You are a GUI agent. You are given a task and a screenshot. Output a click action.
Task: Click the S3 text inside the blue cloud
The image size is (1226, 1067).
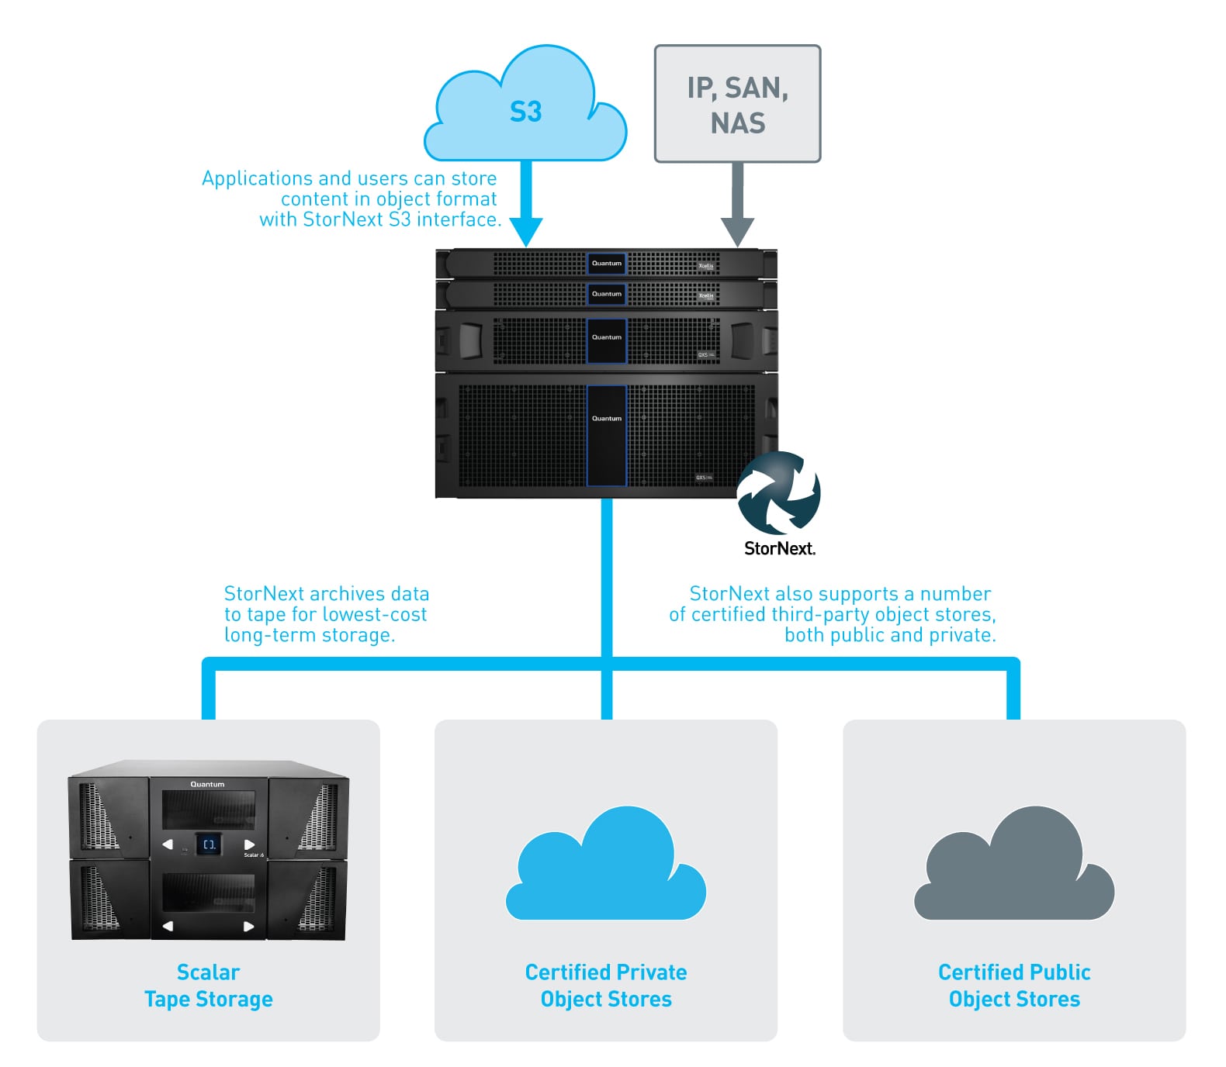click(525, 112)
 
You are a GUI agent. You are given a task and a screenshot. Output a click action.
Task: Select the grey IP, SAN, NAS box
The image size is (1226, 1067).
click(737, 104)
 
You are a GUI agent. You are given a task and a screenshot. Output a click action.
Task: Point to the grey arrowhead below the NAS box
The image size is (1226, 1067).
click(737, 231)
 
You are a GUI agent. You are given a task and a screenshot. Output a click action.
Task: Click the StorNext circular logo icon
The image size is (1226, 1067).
click(778, 493)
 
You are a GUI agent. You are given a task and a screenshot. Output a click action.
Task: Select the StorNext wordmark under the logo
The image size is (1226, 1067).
click(779, 549)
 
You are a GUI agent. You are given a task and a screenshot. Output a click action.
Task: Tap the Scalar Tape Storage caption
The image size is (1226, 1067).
click(208, 986)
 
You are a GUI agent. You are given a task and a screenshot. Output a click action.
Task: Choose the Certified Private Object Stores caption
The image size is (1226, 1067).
click(606, 986)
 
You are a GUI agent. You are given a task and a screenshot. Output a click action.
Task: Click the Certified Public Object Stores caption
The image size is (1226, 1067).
click(1014, 986)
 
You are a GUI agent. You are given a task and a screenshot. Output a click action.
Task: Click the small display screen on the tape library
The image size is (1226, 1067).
click(209, 844)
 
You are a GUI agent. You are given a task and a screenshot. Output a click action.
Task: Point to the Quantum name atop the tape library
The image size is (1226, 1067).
click(207, 785)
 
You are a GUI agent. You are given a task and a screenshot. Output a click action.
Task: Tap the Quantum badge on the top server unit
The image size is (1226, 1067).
click(606, 264)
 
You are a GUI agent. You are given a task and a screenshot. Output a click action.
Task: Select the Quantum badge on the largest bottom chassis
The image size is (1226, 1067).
click(606, 419)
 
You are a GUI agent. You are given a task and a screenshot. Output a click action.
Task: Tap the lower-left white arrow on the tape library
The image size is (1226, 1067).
click(168, 926)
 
